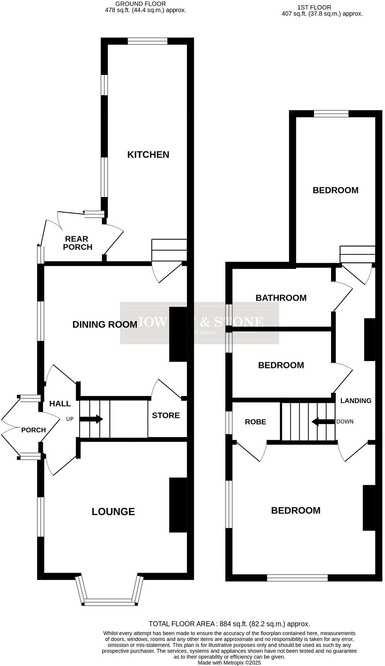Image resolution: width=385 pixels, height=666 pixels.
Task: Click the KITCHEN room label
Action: pos(148,155)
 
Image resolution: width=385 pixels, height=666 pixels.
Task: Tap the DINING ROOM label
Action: pos(105,324)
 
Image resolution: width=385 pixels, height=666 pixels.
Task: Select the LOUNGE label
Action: pos(113,511)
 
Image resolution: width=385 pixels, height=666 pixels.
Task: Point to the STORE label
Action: pos(166,415)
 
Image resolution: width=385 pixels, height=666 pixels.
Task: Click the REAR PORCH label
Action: pos(78,243)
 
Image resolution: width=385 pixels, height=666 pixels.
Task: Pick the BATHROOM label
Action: pos(281,298)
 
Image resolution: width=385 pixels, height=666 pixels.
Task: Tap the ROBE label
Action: pos(255,422)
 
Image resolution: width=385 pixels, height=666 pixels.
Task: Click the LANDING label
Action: pos(356,401)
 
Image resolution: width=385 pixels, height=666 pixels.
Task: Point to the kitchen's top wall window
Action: pos(147,41)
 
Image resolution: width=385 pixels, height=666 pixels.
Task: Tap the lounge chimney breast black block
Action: pos(178,505)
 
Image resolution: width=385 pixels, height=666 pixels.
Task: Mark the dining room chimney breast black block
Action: pos(178,334)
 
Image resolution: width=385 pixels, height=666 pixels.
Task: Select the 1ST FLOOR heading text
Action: pos(314,7)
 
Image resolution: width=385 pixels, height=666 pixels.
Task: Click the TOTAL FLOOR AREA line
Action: pos(229,624)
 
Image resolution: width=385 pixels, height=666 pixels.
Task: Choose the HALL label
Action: pos(60,404)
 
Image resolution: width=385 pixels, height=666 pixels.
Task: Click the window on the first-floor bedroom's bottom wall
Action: pos(297,578)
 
